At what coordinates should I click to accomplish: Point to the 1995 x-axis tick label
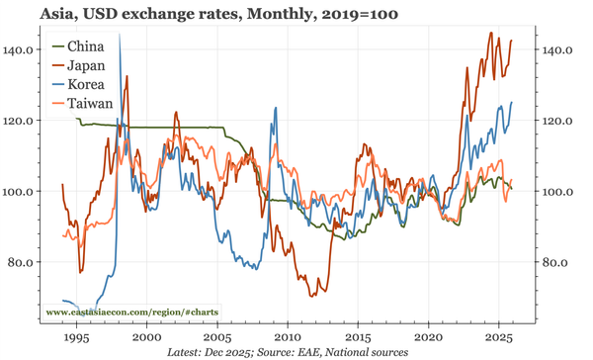pos(76,336)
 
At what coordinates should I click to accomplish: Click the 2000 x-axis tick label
pos(146,336)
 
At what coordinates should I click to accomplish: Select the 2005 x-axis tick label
pos(217,336)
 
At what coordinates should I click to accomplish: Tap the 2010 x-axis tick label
pos(288,336)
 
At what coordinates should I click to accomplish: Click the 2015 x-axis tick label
pos(358,336)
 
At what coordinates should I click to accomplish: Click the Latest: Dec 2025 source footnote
pos(296,352)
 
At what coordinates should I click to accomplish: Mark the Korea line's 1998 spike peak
pos(120,35)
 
